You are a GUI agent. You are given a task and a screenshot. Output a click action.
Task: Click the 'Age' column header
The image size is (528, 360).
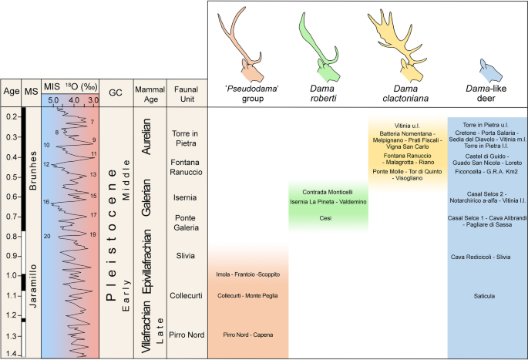[12, 90]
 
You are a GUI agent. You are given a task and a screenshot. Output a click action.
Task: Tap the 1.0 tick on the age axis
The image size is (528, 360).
[12, 275]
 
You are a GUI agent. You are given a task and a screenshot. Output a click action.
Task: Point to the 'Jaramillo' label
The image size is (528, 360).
[32, 282]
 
